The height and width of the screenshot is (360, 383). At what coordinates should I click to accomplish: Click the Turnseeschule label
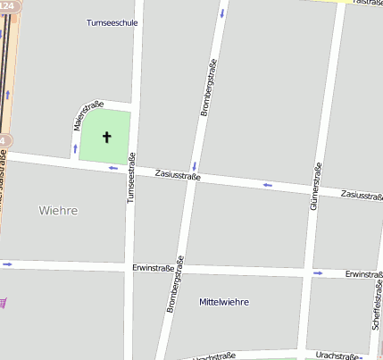tap(112, 22)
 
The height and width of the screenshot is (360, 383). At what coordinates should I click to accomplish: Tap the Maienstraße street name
tap(80, 118)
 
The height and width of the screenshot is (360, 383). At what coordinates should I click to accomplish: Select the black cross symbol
tap(107, 138)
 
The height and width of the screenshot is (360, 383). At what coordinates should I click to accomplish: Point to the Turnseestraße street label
tap(130, 179)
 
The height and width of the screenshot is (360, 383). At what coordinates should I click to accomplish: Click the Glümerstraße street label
tap(314, 188)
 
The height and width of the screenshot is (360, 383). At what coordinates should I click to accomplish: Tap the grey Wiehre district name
tap(58, 211)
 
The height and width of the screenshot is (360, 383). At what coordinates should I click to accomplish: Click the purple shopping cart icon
tap(3, 302)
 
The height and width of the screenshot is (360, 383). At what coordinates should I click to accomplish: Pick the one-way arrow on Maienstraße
tap(75, 147)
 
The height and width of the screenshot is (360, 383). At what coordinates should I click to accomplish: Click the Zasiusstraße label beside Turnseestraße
tap(178, 175)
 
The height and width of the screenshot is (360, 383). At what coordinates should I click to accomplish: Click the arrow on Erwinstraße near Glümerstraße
tap(318, 272)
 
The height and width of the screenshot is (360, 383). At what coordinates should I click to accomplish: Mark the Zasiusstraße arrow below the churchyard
tap(112, 167)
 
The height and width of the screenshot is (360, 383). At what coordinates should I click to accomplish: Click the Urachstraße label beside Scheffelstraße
tap(337, 356)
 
